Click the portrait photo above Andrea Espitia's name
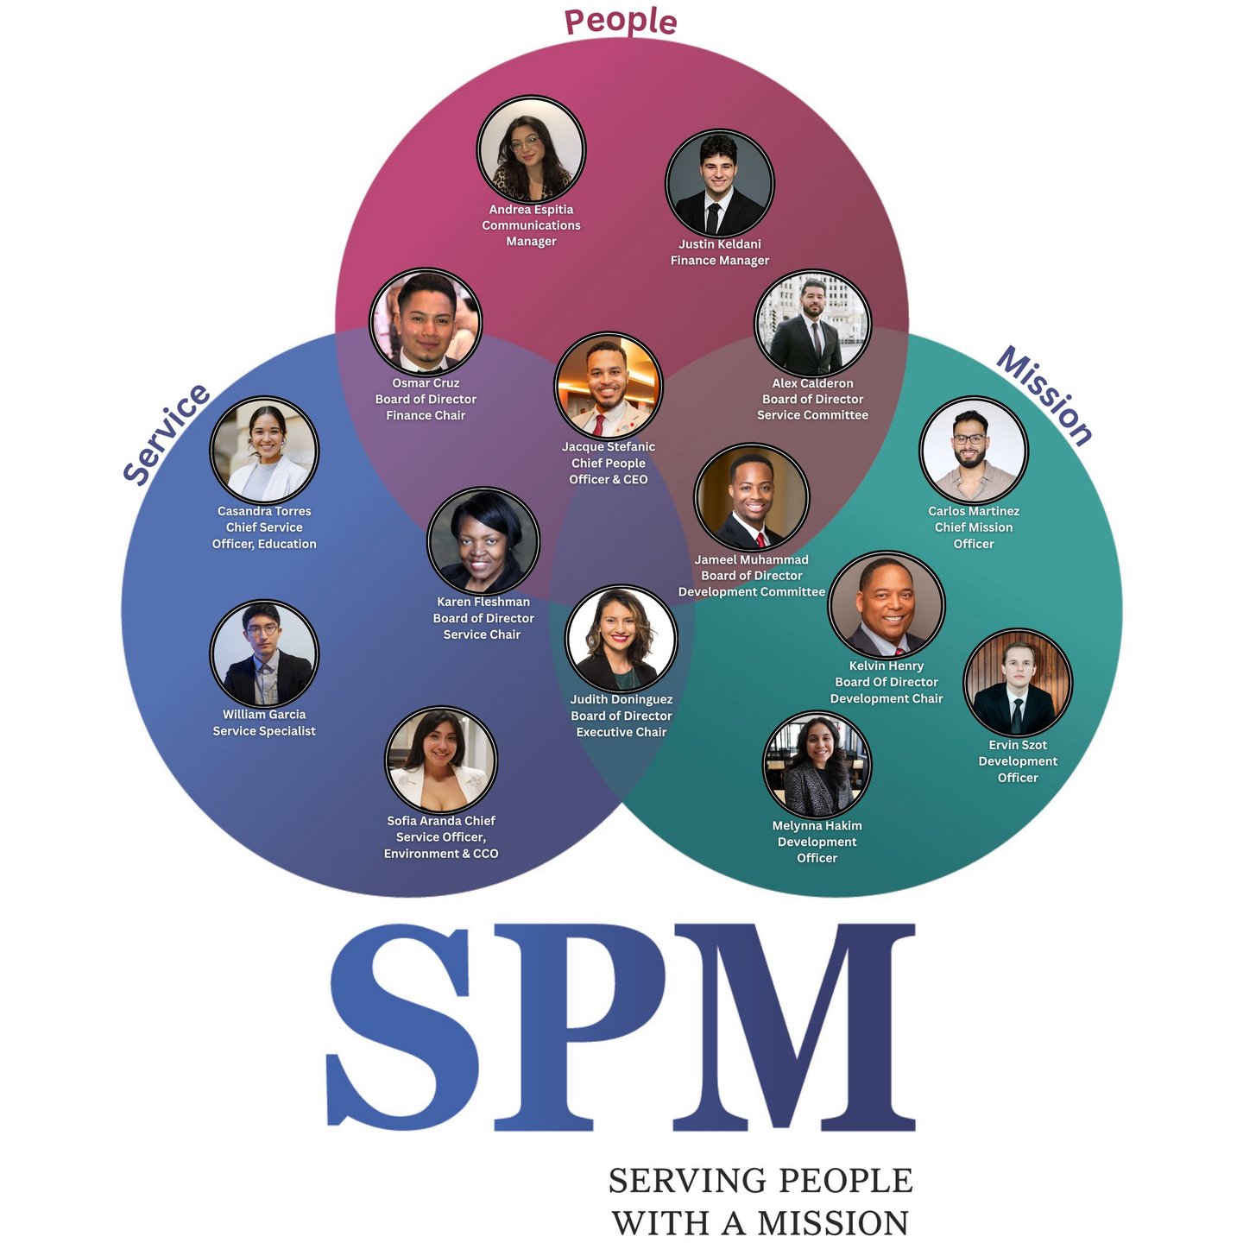531,150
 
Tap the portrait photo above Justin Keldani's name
719,184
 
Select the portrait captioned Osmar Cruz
426,323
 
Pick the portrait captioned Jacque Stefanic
609,387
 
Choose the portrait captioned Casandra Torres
264,450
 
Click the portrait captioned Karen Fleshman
483,542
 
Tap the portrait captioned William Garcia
264,653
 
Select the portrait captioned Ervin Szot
1018,683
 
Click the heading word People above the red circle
621,21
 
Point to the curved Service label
167,434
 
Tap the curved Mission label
1045,395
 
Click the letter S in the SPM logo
402,1027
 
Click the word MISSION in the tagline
833,1223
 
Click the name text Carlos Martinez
974,511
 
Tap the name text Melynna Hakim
817,826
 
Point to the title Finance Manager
720,261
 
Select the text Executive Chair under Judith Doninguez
621,732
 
